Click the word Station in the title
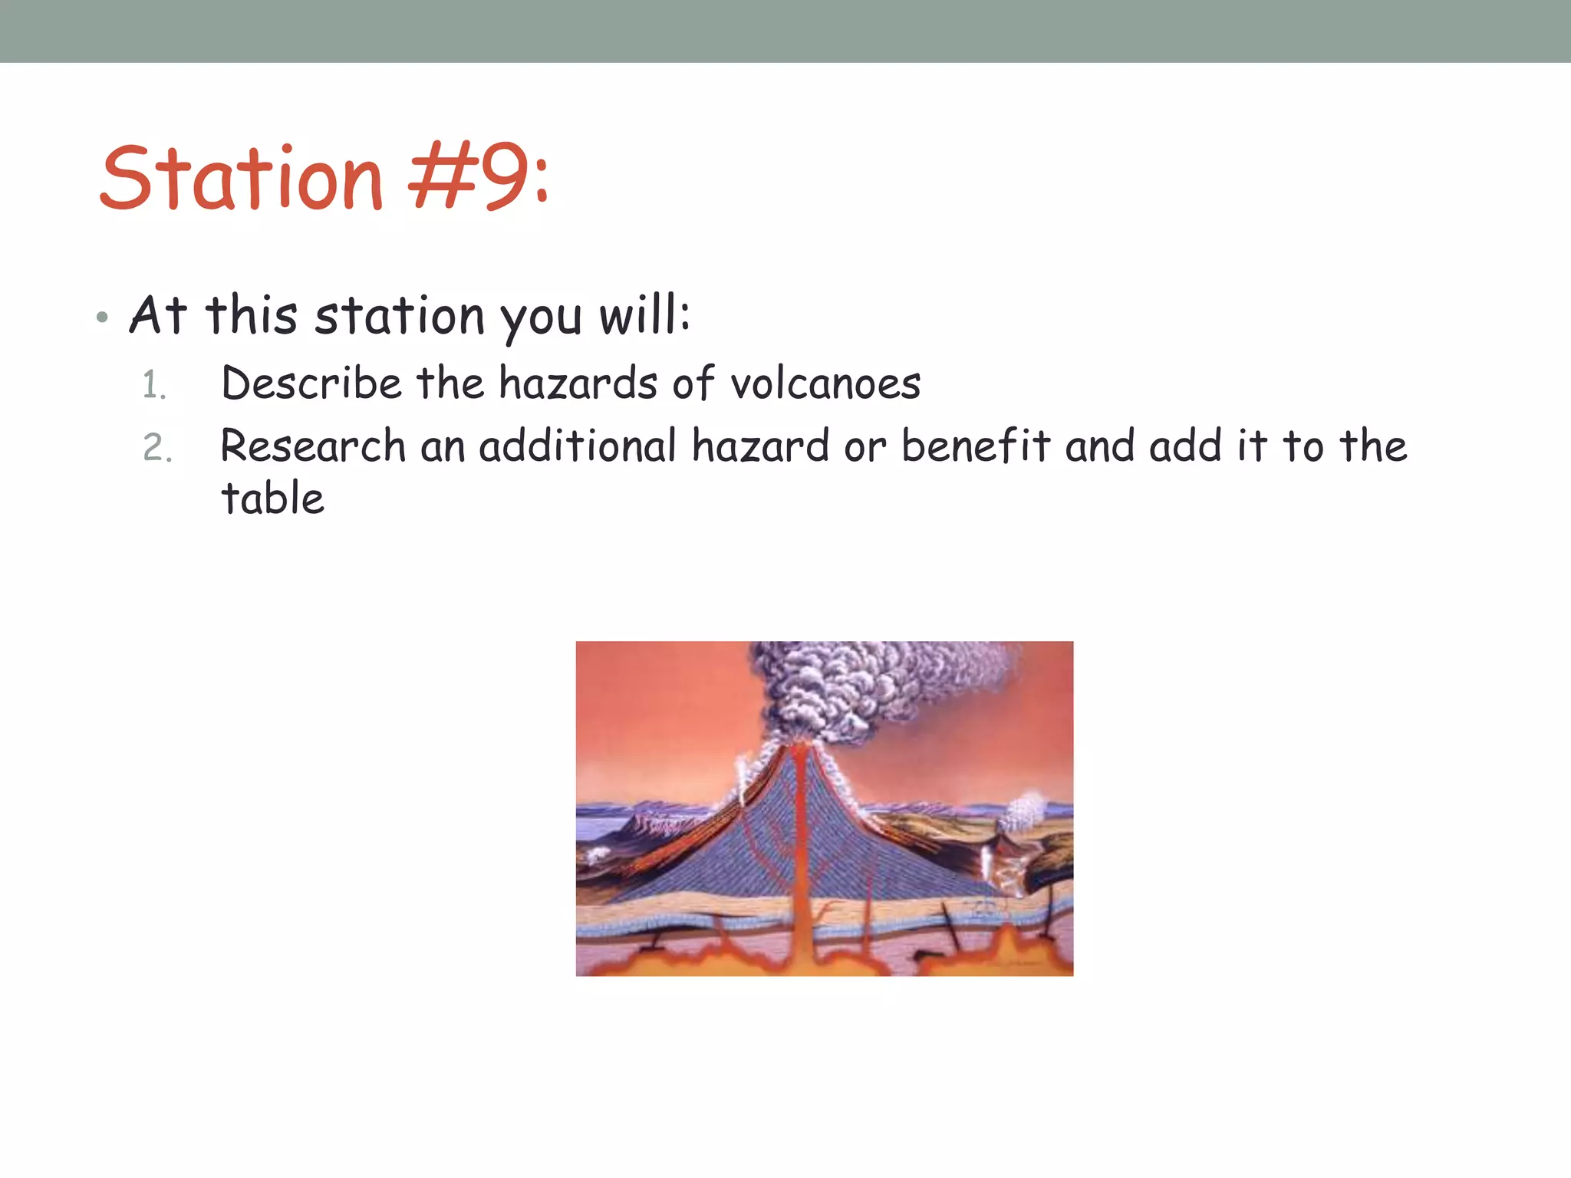[241, 179]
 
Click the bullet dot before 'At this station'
[103, 318]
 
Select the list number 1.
[154, 385]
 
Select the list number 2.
[157, 448]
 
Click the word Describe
[311, 383]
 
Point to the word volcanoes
[825, 383]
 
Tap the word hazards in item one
[577, 383]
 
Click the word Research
[313, 446]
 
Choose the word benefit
[975, 446]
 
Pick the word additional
[577, 446]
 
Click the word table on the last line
[272, 499]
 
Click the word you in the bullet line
[541, 318]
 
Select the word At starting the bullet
[158, 315]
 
